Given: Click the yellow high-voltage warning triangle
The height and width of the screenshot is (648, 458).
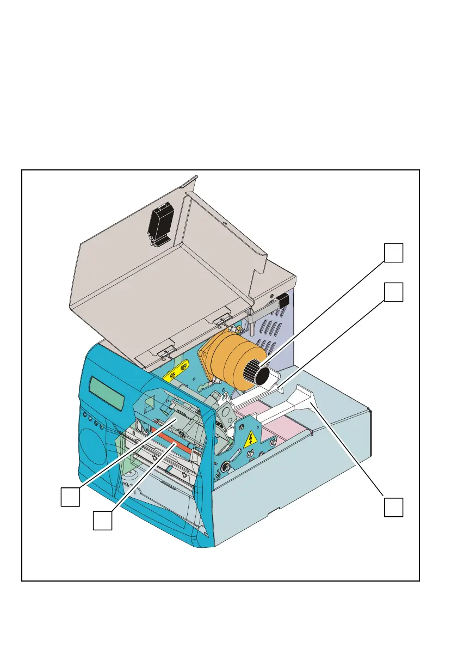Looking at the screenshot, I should (250, 439).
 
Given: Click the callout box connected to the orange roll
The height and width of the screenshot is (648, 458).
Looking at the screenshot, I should (394, 253).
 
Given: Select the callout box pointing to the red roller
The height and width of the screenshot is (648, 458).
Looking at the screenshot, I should (102, 520).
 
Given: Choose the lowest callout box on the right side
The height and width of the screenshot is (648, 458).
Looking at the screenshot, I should (394, 506).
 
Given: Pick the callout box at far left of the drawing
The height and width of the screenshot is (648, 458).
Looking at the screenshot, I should (70, 497).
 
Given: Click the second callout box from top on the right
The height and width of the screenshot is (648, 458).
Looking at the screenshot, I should (394, 292).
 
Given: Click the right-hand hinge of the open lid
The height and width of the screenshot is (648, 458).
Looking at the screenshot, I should (222, 319).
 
